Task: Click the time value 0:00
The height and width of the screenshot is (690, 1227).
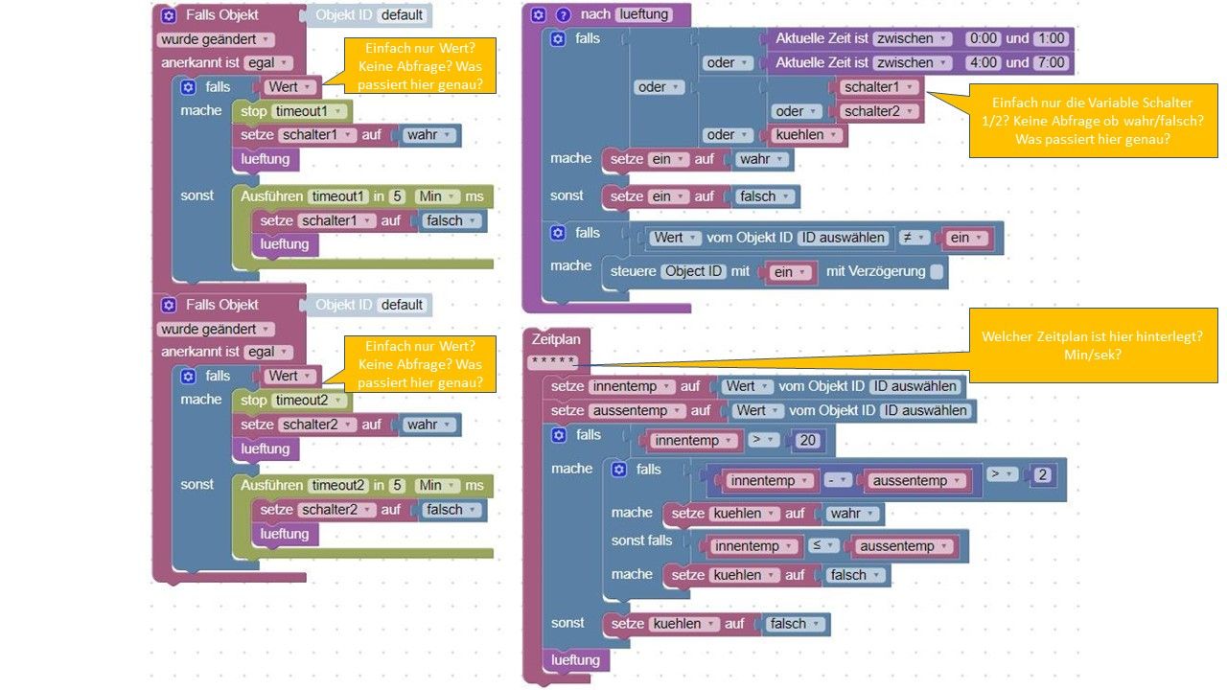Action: [984, 38]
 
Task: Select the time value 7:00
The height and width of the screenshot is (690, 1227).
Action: [1052, 62]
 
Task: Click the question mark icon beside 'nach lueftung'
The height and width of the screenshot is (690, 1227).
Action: [563, 14]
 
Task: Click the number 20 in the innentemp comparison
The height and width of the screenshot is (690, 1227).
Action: [807, 440]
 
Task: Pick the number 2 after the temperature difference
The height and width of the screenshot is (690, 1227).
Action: [1042, 474]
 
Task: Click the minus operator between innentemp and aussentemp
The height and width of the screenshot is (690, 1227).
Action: [838, 480]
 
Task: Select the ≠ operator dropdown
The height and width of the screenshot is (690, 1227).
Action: [914, 238]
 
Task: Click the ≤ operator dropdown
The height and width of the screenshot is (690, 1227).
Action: [822, 545]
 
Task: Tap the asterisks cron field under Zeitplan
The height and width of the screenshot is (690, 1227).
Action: [553, 361]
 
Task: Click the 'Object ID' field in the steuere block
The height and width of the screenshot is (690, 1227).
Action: [693, 271]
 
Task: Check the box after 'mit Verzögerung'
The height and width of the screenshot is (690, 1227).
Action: [937, 271]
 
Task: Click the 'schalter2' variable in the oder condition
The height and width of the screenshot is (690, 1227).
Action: [877, 111]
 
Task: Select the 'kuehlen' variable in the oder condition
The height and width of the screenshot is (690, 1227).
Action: [805, 135]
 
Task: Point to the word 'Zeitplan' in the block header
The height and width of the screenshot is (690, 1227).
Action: [555, 339]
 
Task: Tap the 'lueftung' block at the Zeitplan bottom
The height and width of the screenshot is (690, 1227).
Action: [575, 660]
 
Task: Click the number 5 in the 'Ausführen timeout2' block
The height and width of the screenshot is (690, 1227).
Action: [397, 485]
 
